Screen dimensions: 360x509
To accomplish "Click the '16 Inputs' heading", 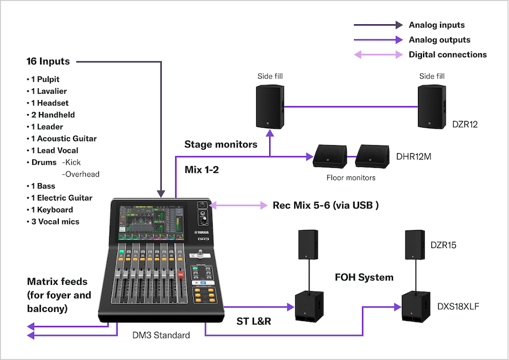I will (x=48, y=61).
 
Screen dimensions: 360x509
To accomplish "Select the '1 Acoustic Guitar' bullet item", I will (x=63, y=138).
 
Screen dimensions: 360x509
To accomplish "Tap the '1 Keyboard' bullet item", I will (x=51, y=210).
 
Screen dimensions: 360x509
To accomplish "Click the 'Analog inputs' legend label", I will (x=436, y=25).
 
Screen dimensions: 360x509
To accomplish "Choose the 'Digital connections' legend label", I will (x=447, y=55).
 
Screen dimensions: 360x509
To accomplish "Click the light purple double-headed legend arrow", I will (x=378, y=55).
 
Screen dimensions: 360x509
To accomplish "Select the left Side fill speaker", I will (x=270, y=106).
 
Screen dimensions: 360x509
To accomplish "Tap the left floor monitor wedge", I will (x=330, y=157).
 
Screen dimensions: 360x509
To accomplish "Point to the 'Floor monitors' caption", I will (x=351, y=177).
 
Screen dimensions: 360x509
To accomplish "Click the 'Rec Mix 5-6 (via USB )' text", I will (x=325, y=205).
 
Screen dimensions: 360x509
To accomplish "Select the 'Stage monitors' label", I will (x=221, y=144).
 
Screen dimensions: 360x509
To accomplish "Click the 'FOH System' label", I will (x=364, y=277).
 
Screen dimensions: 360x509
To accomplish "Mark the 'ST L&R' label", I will (x=253, y=322).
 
